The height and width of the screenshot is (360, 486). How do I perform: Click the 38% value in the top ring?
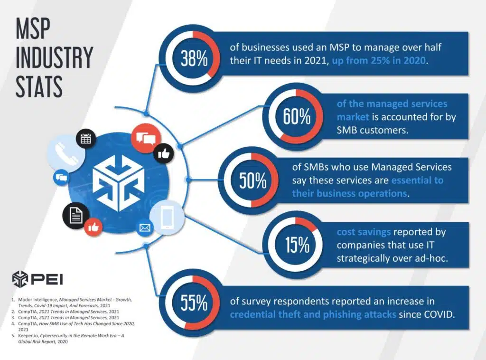[x=194, y=58]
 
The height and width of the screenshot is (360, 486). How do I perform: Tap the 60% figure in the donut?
[x=297, y=116]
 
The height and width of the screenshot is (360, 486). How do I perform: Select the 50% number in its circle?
[x=252, y=180]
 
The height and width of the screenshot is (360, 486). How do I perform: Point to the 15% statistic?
[x=297, y=245]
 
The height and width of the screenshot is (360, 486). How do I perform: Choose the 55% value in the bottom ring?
[x=194, y=303]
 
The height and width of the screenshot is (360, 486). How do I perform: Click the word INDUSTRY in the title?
[x=54, y=57]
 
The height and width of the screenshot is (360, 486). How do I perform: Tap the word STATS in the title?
[x=39, y=86]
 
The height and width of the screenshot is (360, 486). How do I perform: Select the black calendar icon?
[x=85, y=139]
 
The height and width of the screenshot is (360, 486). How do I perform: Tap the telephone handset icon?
[x=66, y=152]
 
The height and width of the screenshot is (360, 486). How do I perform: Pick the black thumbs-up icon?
[x=164, y=153]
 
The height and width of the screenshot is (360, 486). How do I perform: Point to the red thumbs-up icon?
[x=93, y=227]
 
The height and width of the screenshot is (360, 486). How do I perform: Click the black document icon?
[x=76, y=215]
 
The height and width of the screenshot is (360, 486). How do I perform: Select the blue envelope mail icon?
[x=145, y=228]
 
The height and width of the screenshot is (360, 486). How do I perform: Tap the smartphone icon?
[x=167, y=217]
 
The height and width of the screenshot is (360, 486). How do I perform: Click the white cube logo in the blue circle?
[x=119, y=183]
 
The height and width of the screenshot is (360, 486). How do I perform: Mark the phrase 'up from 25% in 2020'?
[x=379, y=60]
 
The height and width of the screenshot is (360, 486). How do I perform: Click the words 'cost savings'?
[x=364, y=232]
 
